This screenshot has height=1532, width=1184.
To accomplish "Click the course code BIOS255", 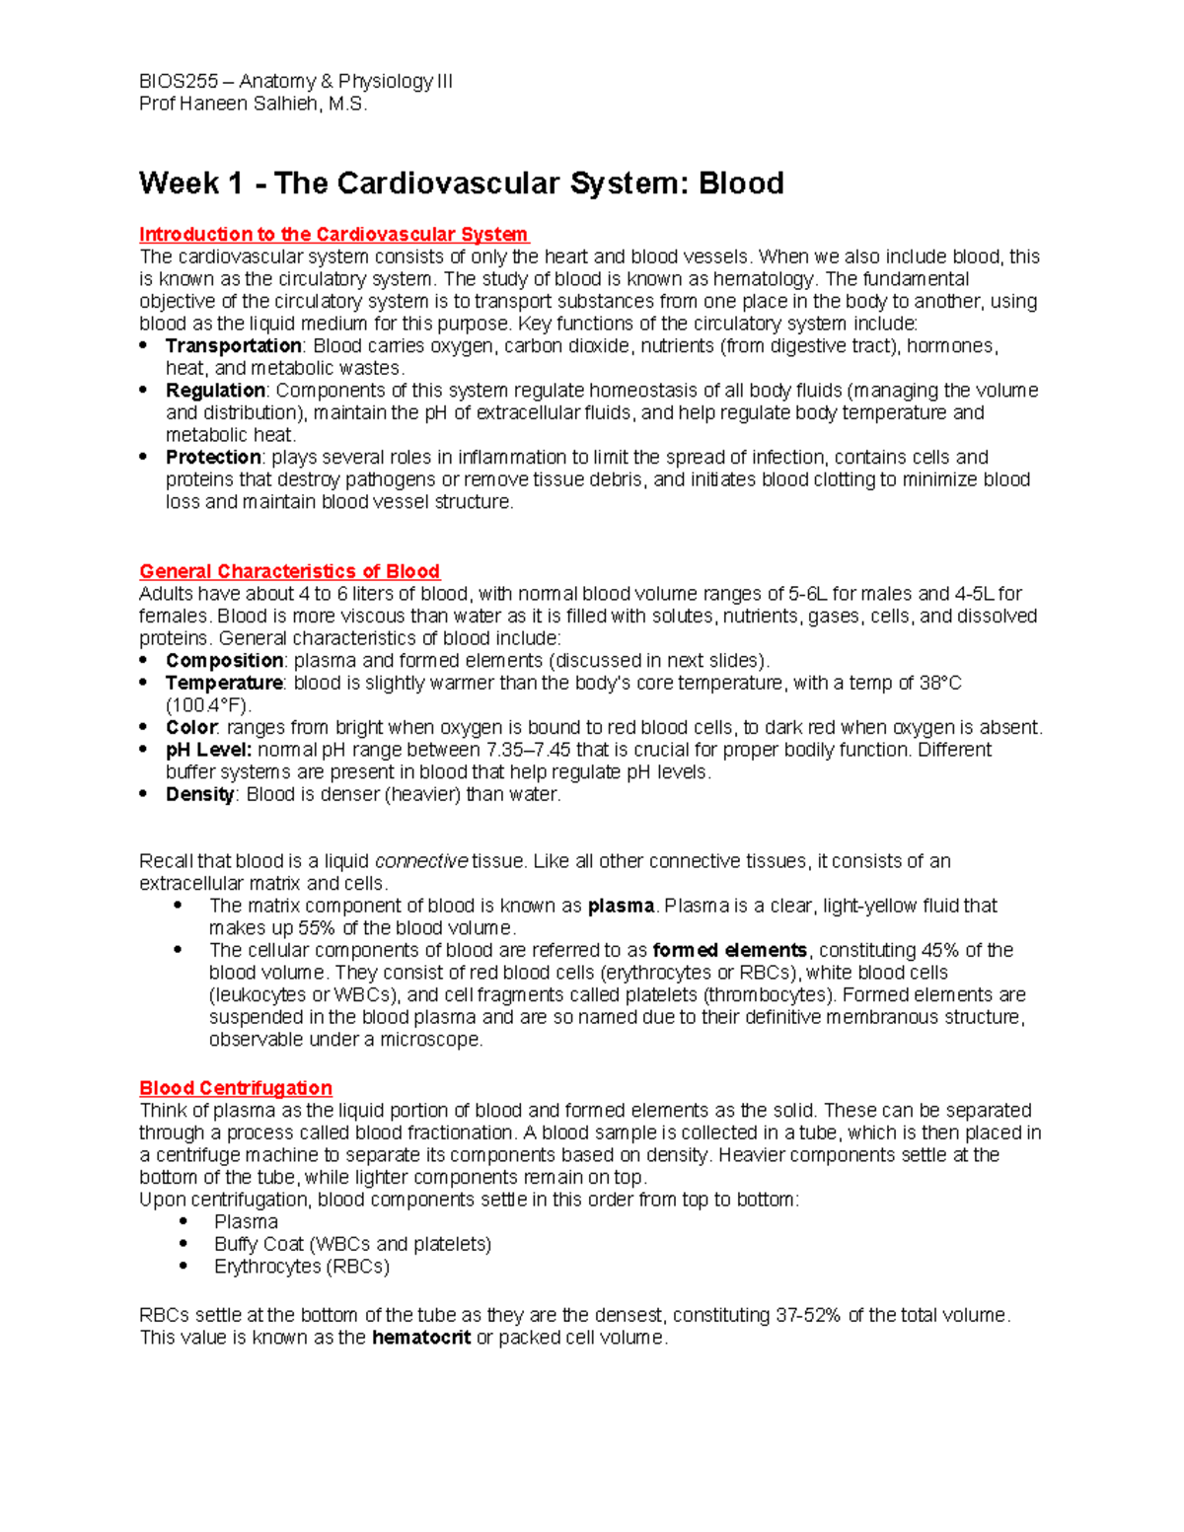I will click(x=179, y=82).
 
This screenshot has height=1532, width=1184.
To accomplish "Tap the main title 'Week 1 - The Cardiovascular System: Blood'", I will click(x=461, y=183).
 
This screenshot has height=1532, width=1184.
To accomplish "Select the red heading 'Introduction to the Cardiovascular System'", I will click(x=333, y=235).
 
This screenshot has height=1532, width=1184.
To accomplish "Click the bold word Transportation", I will click(x=233, y=346).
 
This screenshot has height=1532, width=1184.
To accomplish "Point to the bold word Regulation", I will click(x=215, y=391).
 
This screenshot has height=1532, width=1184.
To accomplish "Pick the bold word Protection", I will click(x=213, y=458).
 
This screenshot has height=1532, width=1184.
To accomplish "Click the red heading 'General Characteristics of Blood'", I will click(x=289, y=572).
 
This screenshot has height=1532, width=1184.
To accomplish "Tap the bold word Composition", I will click(x=224, y=661).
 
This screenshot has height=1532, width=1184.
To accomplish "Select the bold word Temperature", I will click(x=224, y=684).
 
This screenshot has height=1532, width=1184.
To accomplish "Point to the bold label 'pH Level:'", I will click(x=208, y=751).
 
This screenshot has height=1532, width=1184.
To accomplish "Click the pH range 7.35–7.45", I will click(x=530, y=751).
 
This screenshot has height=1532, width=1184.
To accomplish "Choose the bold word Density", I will click(x=199, y=795).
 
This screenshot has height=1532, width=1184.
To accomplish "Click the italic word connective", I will click(x=421, y=862).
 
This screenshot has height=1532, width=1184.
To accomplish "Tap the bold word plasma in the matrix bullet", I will click(x=621, y=907).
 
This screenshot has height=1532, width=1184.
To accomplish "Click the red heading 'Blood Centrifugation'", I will click(x=236, y=1088).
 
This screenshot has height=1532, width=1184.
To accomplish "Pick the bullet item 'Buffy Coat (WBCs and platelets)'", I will click(x=352, y=1245).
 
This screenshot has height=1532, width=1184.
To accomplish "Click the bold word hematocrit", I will click(x=420, y=1339).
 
